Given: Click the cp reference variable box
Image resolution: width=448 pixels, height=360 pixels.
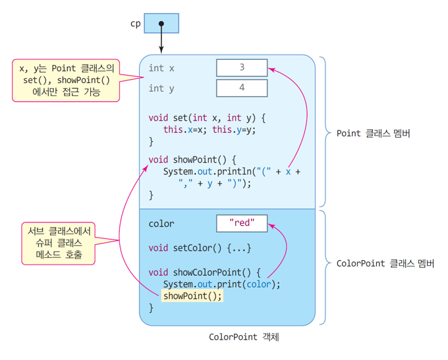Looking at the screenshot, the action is (161, 23).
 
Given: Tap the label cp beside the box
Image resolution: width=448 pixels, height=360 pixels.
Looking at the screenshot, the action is (136, 24).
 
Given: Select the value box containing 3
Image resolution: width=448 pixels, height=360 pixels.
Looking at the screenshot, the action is (242, 68).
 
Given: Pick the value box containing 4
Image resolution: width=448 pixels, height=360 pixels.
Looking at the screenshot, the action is (242, 88).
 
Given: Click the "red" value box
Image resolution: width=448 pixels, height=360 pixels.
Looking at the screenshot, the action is (242, 223).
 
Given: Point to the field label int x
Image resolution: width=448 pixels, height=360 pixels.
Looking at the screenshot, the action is (161, 68).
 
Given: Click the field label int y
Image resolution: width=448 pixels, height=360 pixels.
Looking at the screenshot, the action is (161, 89).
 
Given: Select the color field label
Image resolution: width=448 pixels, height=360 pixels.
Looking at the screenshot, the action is (161, 224).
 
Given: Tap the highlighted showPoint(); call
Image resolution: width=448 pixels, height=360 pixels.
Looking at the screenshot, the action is (192, 296).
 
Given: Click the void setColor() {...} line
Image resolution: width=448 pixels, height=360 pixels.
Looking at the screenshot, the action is (200, 248).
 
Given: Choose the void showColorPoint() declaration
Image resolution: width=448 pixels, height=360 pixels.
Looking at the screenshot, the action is (204, 272).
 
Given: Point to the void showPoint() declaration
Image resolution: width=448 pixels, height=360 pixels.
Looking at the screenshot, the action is (192, 159).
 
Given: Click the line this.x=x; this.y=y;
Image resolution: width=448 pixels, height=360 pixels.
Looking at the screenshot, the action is (210, 130).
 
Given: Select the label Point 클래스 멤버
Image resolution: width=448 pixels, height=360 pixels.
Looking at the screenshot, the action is (373, 134).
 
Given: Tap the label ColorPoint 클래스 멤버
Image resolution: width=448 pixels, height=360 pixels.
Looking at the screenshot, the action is (385, 263).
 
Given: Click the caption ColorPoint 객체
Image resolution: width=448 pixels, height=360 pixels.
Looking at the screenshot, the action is (244, 337).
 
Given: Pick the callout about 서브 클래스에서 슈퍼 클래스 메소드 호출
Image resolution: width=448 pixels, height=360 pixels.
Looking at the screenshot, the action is (58, 244).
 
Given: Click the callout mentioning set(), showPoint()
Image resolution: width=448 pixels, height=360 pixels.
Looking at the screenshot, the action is (66, 80).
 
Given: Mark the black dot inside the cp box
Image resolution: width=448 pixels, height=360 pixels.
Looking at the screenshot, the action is (161, 24).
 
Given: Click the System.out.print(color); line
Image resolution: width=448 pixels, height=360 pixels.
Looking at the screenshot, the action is (222, 284).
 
